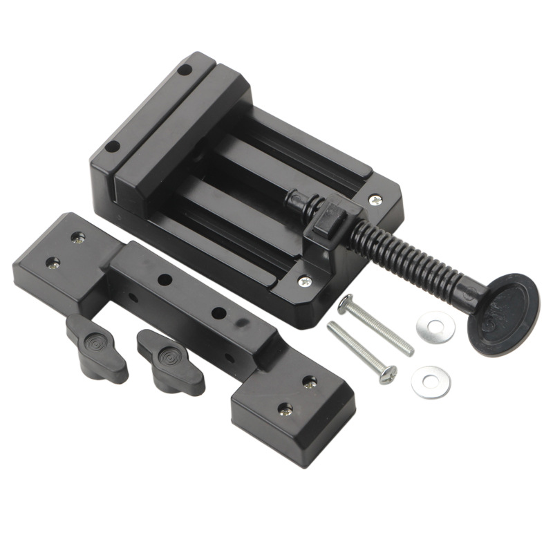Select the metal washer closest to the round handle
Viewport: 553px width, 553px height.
click(436, 326)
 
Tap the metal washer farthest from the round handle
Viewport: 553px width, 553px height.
click(431, 382)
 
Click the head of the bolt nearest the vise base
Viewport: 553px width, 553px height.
click(345, 303)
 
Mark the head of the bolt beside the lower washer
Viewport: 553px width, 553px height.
click(388, 375)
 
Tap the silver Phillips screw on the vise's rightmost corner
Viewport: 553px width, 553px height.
click(375, 200)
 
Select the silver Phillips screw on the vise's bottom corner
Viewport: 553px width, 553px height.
click(304, 281)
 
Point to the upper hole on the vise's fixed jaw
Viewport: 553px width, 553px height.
click(183, 69)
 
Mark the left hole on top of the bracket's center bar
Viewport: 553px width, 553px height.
click(165, 280)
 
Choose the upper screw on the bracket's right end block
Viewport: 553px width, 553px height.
click(310, 382)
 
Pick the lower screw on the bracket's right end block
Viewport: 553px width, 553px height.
click(285, 409)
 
